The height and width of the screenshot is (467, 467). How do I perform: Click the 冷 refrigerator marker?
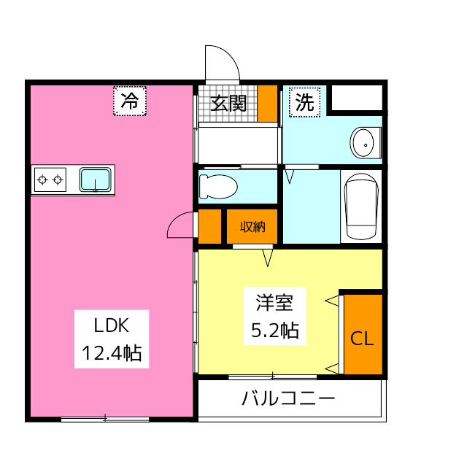point(130,101)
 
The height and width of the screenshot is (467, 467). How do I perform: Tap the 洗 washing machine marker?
point(305,102)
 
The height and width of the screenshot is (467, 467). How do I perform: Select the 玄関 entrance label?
point(228,103)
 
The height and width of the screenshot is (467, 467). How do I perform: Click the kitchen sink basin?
point(96,180)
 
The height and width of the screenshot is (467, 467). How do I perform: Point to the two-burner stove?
point(50,180)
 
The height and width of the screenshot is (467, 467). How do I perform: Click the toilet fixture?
point(218,186)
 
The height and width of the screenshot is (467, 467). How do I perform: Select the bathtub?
point(361,207)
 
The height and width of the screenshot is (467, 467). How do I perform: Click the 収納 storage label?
point(252,227)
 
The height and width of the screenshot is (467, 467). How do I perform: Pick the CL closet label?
point(363,339)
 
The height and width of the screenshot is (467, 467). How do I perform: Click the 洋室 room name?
point(274,302)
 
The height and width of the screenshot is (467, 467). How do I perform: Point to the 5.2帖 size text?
point(274,331)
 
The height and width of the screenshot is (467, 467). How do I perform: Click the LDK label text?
point(111,325)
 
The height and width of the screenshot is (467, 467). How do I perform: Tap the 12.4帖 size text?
point(111,355)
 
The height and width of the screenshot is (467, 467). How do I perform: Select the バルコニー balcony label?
point(288,399)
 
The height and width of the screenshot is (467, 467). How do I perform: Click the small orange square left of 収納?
point(210,226)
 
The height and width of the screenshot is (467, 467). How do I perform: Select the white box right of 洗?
point(357,98)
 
